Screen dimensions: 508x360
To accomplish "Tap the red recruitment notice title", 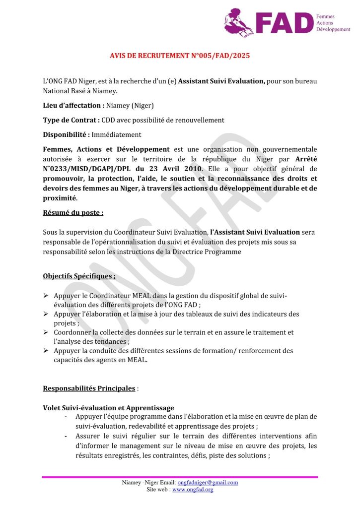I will point(180,56).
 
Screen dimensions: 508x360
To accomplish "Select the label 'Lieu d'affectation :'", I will point(73,106).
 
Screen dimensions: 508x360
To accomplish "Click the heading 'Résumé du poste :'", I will point(73,213).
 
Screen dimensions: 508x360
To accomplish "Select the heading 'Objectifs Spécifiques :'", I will point(79,276).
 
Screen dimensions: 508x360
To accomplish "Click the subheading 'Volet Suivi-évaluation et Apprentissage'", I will point(108,408).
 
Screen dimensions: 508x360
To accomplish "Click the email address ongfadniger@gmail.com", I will point(208,482).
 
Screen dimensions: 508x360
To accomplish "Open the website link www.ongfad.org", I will point(193,489).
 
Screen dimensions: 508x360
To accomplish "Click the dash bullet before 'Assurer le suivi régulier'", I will point(66,437).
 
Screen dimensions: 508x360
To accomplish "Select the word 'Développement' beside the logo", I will point(333,30).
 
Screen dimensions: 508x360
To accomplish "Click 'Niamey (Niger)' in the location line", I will point(130,106).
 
